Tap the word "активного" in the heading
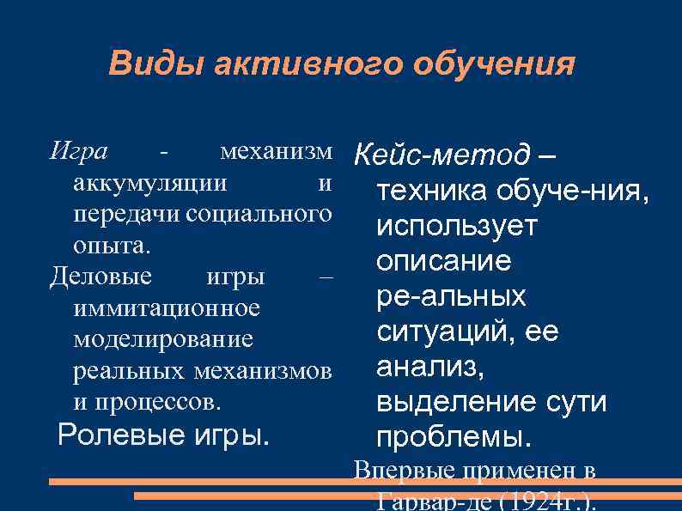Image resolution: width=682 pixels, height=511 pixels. click(304, 64)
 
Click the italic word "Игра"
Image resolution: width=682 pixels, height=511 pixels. click(79, 152)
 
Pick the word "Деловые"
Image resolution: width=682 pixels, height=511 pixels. click(101, 277)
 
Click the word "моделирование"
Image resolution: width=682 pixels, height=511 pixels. click(163, 339)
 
